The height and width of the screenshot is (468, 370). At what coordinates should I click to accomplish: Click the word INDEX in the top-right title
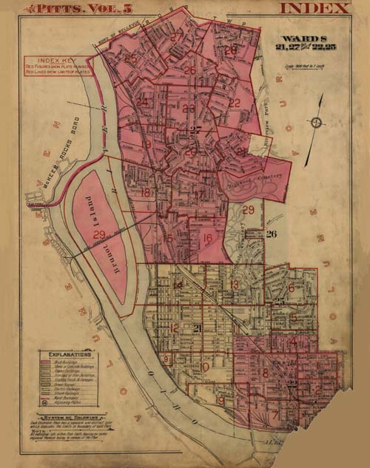click(314, 8)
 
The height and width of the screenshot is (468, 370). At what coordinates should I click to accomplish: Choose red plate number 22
click(234, 103)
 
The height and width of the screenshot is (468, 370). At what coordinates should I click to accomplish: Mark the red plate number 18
click(146, 193)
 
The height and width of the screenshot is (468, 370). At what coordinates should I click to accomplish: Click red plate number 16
click(207, 239)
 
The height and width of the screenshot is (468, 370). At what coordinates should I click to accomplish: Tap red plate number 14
click(178, 285)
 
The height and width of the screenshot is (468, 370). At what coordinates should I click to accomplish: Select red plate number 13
click(234, 284)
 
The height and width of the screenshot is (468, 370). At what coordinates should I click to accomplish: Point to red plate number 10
click(205, 365)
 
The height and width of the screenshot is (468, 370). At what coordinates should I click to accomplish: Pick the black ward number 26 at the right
click(272, 234)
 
